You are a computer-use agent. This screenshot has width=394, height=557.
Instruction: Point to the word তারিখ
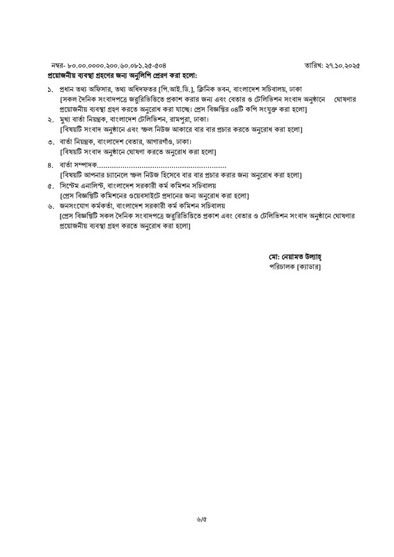coord(313,64)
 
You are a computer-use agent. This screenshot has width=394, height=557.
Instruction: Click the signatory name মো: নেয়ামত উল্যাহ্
coord(294,256)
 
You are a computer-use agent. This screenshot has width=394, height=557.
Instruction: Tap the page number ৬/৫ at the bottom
coord(197,535)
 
